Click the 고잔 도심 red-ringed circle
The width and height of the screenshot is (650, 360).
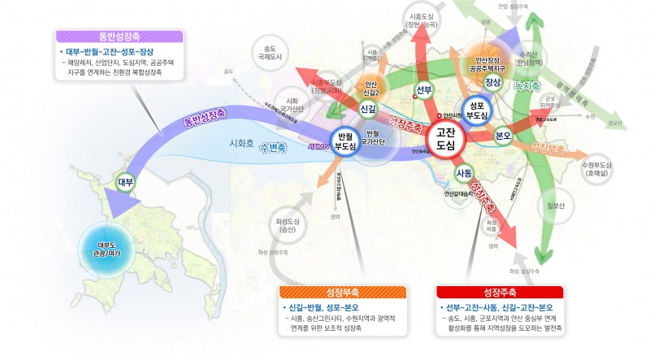(444, 138)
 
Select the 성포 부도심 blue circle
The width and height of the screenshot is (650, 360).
(478, 110)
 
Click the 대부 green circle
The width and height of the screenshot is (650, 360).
(125, 182)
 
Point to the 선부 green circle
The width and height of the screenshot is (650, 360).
(423, 89)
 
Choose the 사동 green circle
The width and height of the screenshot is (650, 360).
(464, 173)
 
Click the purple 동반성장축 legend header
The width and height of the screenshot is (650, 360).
(120, 37)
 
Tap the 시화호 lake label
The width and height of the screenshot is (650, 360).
(242, 143)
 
